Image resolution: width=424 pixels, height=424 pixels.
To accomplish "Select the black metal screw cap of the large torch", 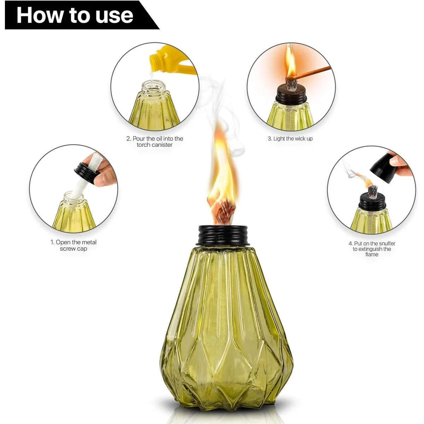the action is [x=223, y=235].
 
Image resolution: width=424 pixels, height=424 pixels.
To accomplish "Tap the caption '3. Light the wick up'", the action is [x=290, y=139].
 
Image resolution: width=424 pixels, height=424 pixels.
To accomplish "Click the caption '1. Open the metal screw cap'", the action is [x=73, y=245].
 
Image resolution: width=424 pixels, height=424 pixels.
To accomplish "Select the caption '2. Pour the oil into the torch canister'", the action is [x=154, y=141].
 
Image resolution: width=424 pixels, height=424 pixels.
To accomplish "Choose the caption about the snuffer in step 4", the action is [x=372, y=249].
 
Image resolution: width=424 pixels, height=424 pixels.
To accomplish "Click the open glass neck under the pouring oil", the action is [x=154, y=88].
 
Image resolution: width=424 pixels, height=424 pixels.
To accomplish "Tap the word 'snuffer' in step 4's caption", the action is [x=387, y=243].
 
